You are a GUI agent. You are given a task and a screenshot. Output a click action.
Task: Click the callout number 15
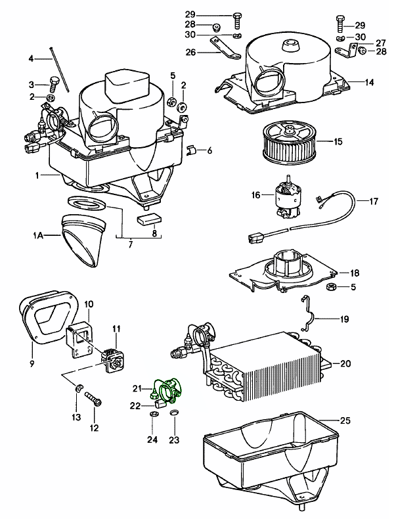(338, 141)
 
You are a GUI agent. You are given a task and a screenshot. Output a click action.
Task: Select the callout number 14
(370, 83)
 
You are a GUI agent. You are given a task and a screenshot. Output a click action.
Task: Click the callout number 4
(30, 59)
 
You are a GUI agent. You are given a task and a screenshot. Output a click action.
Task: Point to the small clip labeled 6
(190, 151)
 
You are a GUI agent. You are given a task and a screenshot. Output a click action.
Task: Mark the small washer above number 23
(174, 413)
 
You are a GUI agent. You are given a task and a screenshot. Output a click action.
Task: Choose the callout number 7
(130, 244)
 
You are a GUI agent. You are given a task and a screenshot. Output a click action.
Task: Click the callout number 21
(138, 388)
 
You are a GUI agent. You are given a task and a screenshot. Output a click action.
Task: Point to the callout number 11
(116, 328)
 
